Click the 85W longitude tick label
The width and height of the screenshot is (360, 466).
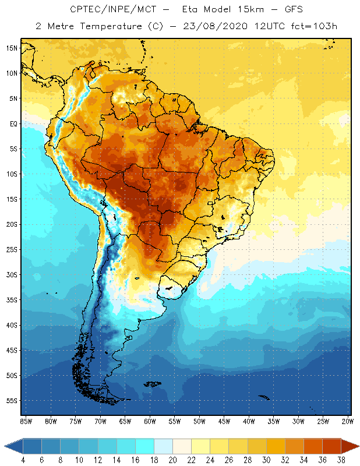[26, 421]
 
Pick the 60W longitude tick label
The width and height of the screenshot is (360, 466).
[150, 421]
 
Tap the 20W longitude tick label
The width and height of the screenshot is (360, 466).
[347, 421]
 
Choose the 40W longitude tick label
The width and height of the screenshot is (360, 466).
[249, 421]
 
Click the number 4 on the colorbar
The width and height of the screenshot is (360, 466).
[23, 460]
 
